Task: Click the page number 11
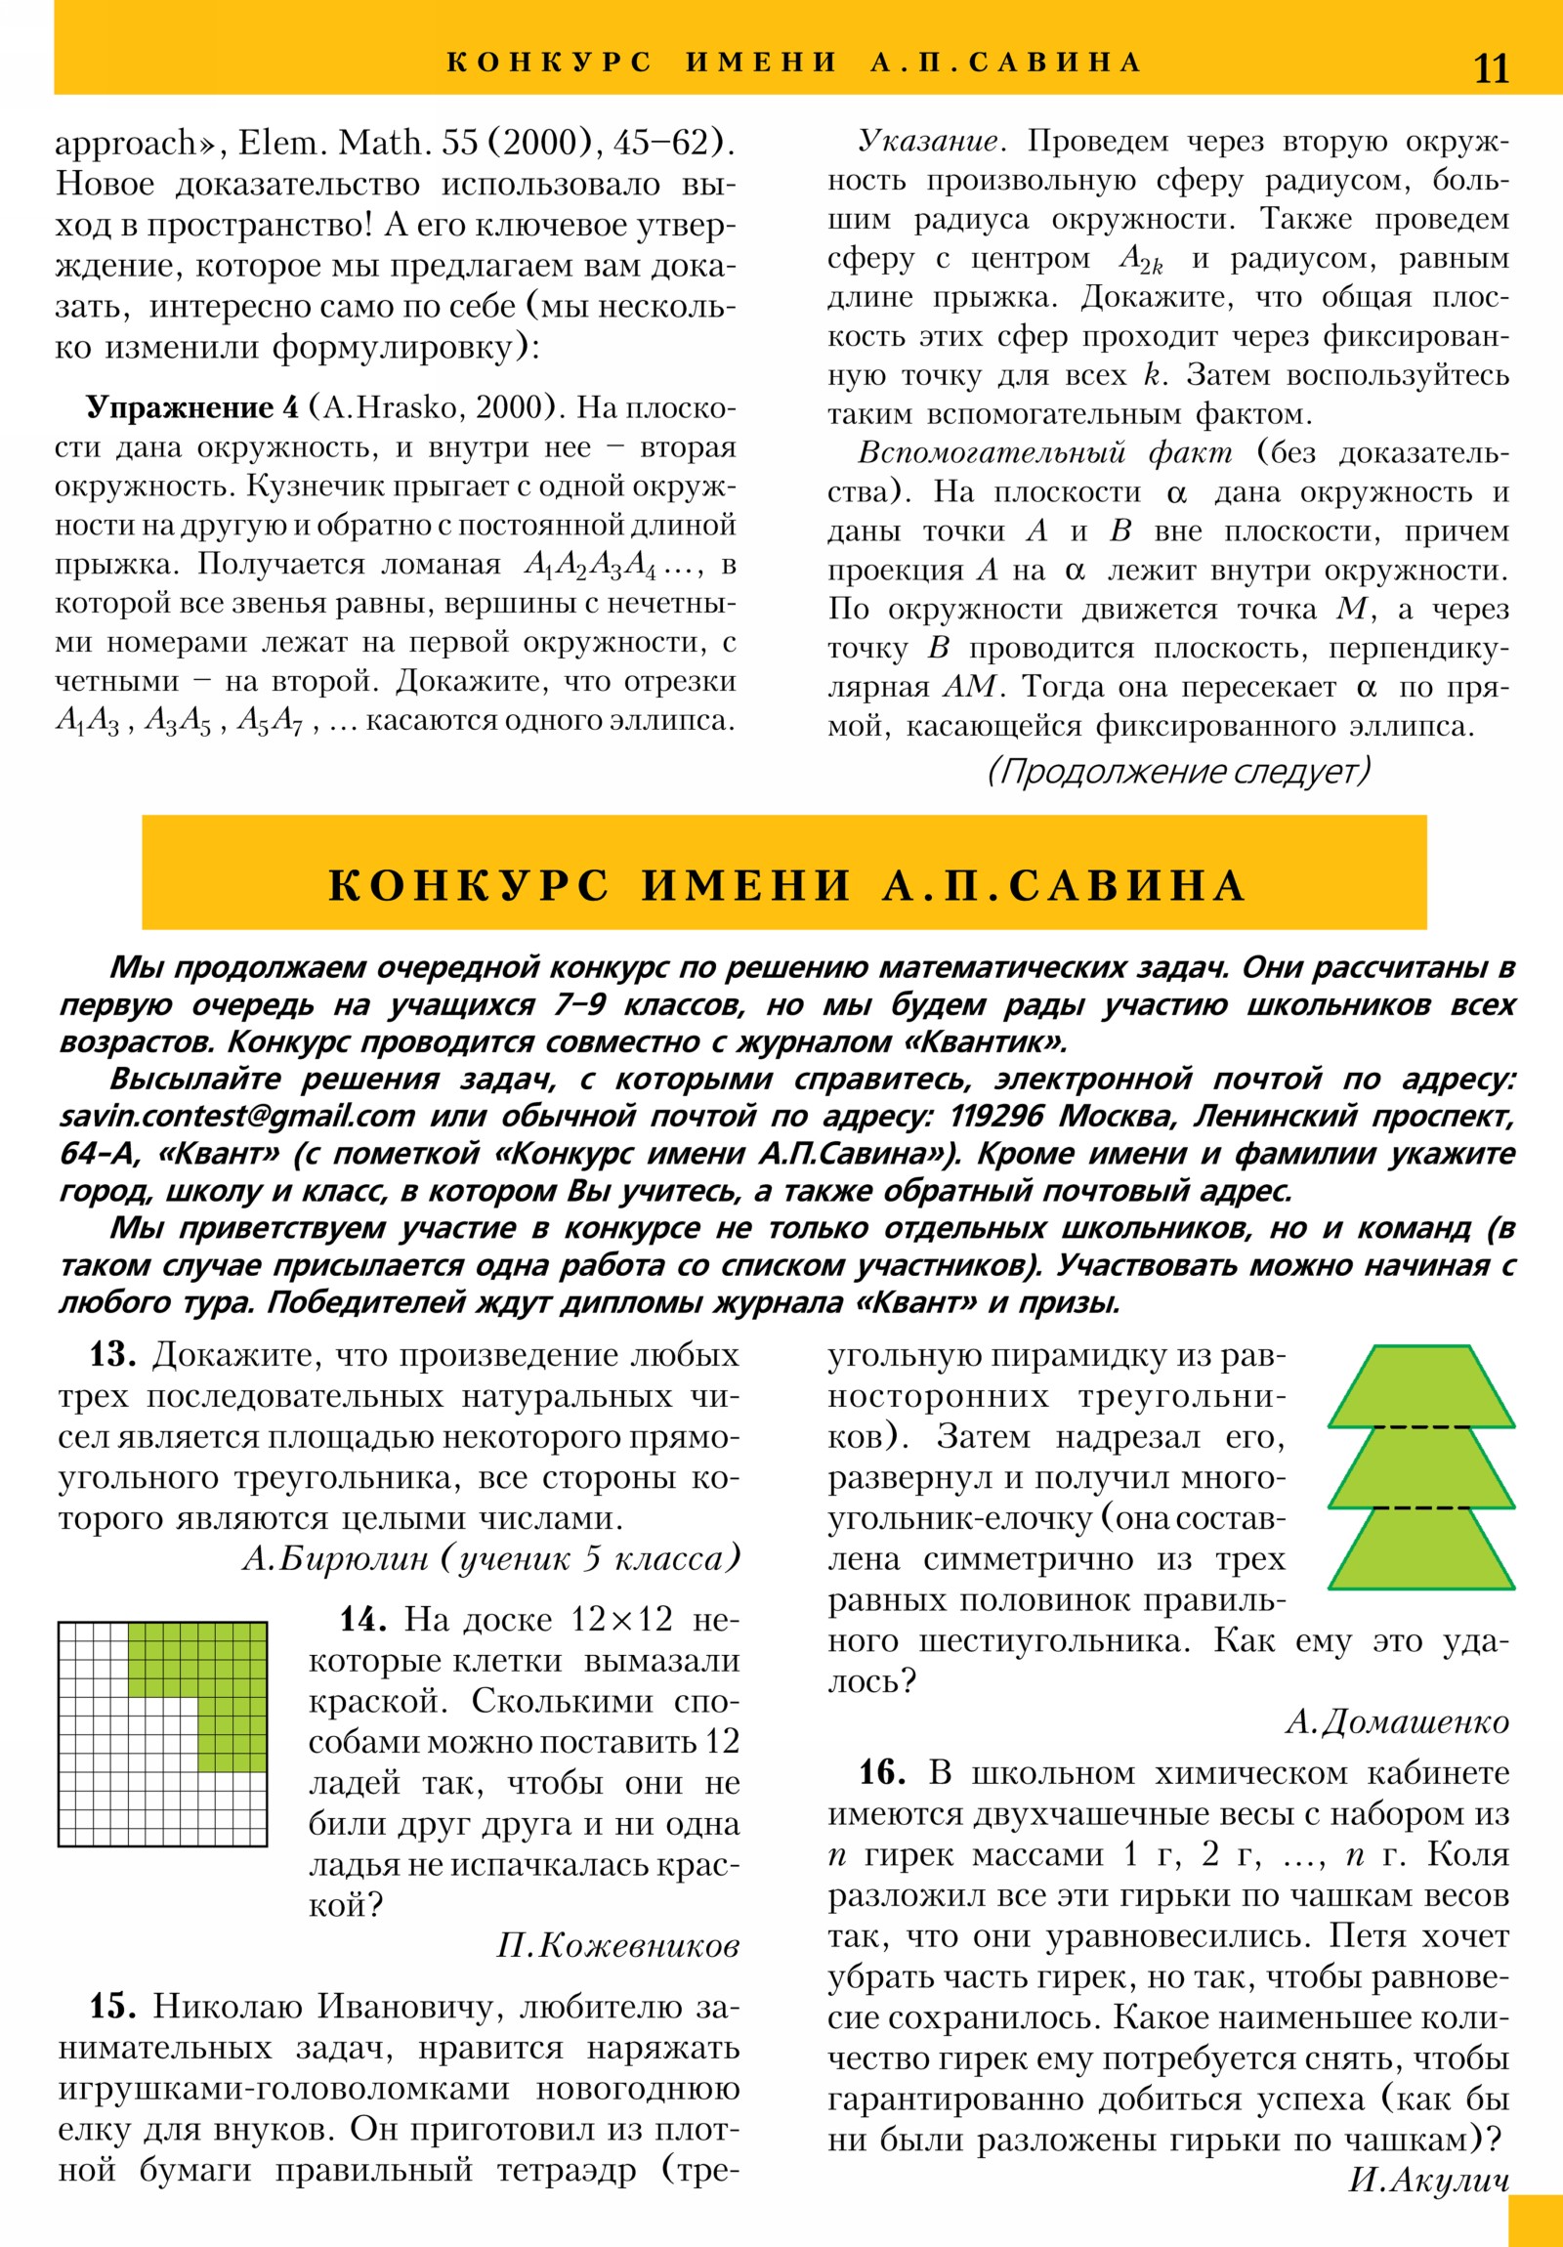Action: click(x=1491, y=68)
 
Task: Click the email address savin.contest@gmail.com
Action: click(x=236, y=1117)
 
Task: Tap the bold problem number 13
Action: click(x=112, y=1355)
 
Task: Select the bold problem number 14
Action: click(x=362, y=1620)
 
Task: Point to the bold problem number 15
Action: click(x=112, y=2007)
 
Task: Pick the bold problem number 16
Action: click(x=882, y=1772)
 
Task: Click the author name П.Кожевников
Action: click(x=617, y=1945)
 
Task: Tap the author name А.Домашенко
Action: click(x=1397, y=1721)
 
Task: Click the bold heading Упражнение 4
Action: click(x=192, y=408)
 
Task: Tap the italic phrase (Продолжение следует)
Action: click(x=1178, y=771)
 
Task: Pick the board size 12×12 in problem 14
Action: click(x=621, y=1620)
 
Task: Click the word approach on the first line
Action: click(x=126, y=144)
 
